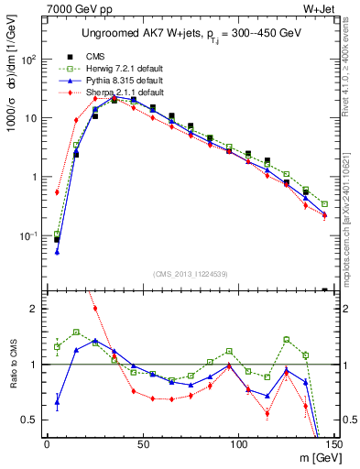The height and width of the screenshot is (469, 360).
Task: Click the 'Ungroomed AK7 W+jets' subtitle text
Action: coord(188,35)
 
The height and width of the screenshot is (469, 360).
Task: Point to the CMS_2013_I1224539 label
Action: coord(190,273)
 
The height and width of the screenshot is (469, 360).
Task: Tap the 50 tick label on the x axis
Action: coord(142,444)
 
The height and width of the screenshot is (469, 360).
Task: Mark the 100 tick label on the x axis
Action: coord(238,444)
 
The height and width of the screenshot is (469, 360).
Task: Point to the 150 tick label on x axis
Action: coord(332,444)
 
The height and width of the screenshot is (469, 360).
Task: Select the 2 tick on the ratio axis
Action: coord(36,309)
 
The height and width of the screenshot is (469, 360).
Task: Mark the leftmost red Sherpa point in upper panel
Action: coord(57,192)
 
